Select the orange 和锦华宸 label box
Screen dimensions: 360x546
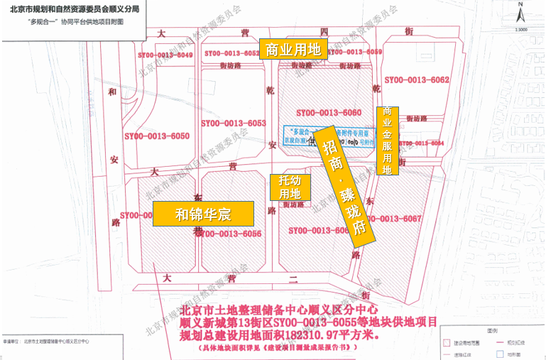coord(203,213)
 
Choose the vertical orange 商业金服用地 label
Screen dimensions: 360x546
coord(388,141)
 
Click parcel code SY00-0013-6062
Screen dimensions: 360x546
coord(416,80)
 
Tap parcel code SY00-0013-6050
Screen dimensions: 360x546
coord(158,136)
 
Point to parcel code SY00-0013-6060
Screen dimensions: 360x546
coord(329,113)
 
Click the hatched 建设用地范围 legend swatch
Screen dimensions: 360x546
coord(447,342)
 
